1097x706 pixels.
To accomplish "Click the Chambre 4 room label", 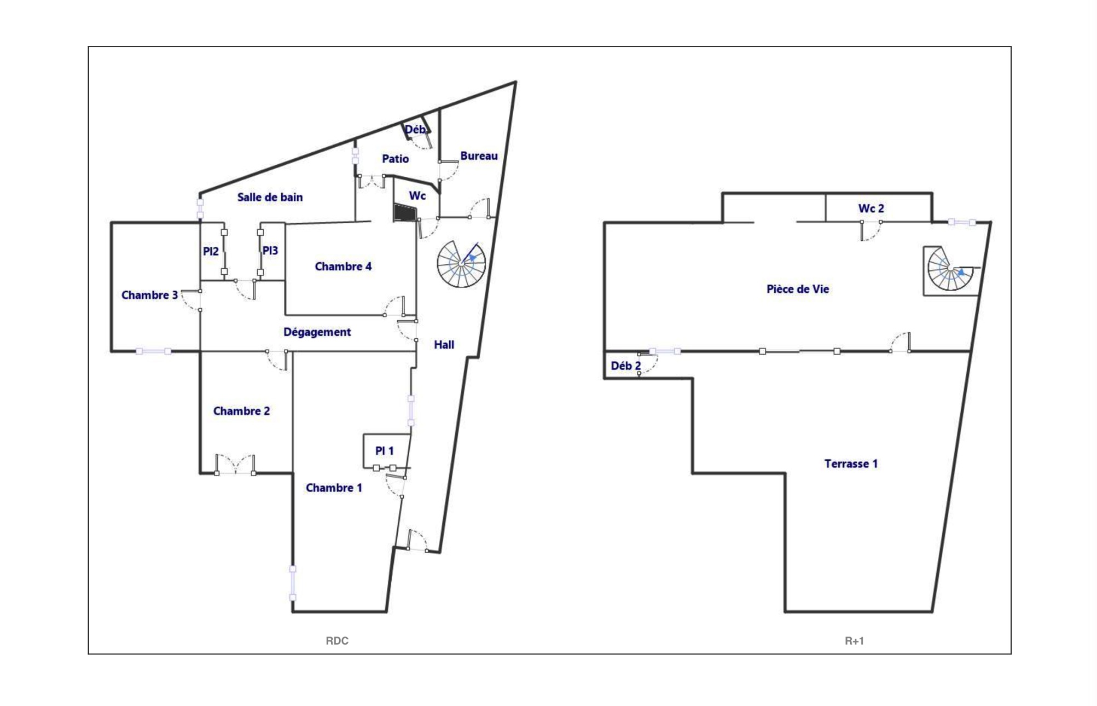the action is (343, 267).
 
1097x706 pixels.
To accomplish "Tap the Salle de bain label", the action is (270, 197).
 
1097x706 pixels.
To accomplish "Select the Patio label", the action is (395, 159).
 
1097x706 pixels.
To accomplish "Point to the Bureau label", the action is (479, 156).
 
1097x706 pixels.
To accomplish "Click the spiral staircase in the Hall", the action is (461, 264).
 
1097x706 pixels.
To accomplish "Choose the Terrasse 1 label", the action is (851, 464).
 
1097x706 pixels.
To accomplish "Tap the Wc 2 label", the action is (871, 209).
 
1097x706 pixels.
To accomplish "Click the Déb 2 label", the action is (625, 366).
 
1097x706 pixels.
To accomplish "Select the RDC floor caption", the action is (337, 641).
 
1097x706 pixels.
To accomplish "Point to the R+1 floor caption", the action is (854, 641).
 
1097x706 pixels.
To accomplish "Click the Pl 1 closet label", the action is (384, 450).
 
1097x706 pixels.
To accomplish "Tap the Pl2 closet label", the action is (211, 251).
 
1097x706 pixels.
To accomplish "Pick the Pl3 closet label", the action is (270, 251).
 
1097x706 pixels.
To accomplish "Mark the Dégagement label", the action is (317, 332).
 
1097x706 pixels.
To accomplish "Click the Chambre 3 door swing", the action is (191, 300).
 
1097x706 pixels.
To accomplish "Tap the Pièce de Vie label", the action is (798, 289).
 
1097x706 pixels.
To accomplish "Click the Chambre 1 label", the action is (334, 488).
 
